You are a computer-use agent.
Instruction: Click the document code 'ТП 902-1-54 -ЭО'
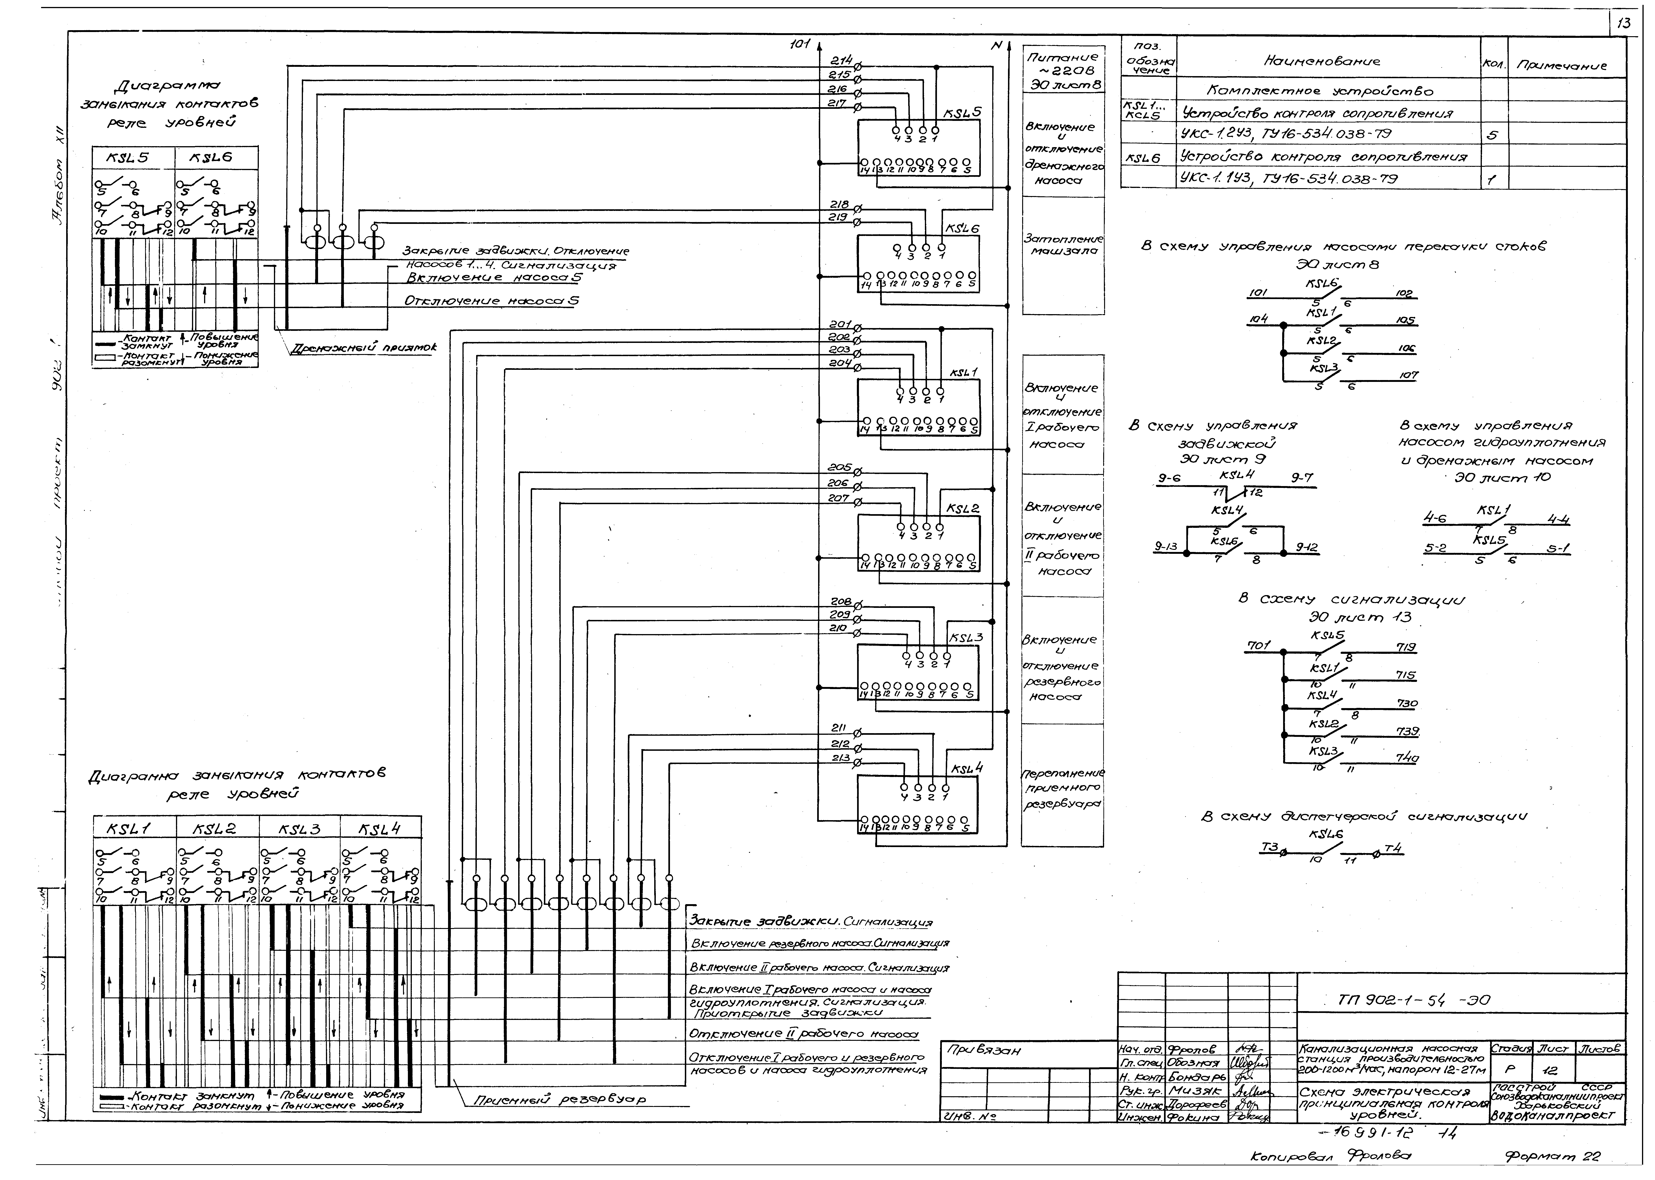coord(1414,1000)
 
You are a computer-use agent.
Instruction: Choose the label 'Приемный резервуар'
coord(560,1100)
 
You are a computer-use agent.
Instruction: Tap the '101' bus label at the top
coord(800,45)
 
